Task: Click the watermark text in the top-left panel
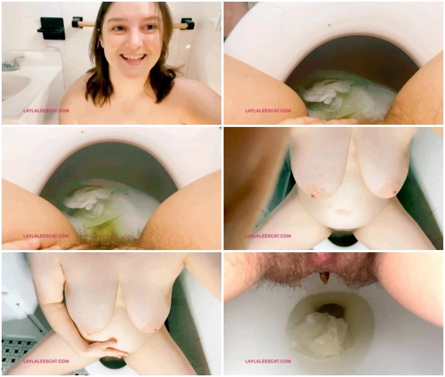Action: (x=46, y=110)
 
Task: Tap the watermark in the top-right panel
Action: (x=268, y=110)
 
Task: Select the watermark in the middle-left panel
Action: (x=46, y=236)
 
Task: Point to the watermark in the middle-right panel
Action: (x=268, y=236)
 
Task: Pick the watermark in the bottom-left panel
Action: (x=46, y=361)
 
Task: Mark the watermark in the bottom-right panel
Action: (x=268, y=361)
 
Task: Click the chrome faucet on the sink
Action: (x=12, y=63)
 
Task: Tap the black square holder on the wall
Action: (x=52, y=28)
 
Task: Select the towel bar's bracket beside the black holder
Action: (x=77, y=22)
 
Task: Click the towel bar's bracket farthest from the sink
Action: (x=187, y=24)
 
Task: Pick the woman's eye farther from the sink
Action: (x=150, y=27)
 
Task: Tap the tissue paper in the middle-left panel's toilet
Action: (x=88, y=200)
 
